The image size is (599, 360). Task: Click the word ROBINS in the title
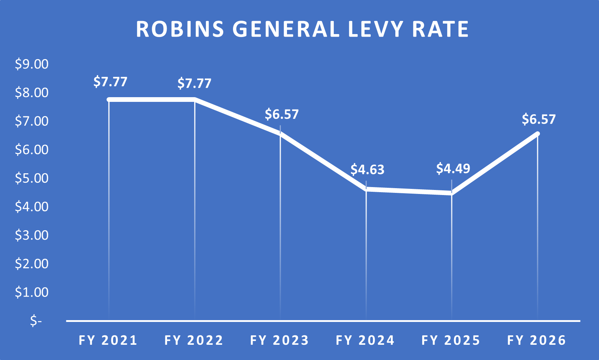tap(180, 29)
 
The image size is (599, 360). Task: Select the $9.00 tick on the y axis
tap(32, 64)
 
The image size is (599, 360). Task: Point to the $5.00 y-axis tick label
tap(32, 178)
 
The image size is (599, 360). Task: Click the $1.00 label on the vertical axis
tap(32, 292)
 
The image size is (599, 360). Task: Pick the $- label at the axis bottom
tap(36, 321)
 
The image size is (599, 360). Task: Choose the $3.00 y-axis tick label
tap(32, 235)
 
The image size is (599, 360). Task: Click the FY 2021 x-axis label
tap(108, 340)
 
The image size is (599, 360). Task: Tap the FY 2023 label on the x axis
tap(280, 340)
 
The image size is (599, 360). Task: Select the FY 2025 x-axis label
tap(451, 340)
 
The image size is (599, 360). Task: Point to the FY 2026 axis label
tap(537, 340)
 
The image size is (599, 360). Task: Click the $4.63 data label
tap(367, 170)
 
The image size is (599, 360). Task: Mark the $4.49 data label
tap(453, 169)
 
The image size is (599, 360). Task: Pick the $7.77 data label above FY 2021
tap(110, 82)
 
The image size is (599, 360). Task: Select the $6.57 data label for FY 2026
tap(538, 119)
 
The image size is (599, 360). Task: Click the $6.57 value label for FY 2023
tap(282, 114)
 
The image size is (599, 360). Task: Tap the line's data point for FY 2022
tap(195, 99)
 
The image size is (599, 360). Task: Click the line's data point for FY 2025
tap(452, 193)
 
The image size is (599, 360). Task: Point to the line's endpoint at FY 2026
tap(537, 134)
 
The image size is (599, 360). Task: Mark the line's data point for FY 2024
tap(366, 189)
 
